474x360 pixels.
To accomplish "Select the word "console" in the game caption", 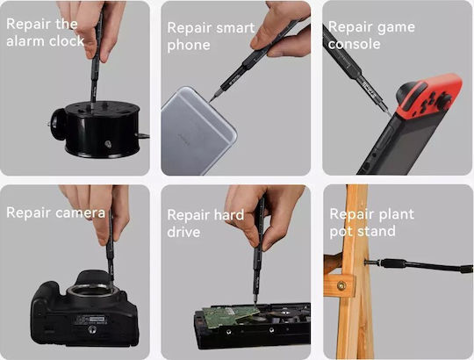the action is click(355, 44).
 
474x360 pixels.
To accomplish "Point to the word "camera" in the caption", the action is click(81, 212).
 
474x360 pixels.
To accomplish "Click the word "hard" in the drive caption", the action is click(228, 214).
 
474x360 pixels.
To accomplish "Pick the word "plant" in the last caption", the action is click(396, 214).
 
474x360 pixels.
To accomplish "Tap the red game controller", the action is click(429, 96).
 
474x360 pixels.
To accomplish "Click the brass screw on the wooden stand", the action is click(341, 285).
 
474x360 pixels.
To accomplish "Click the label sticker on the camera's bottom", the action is click(90, 320).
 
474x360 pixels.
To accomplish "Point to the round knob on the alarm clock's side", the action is click(57, 124).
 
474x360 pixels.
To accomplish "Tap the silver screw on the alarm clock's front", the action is click(108, 144).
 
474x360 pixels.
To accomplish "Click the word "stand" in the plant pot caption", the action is click(377, 232).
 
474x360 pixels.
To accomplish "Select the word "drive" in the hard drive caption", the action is click(183, 232).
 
